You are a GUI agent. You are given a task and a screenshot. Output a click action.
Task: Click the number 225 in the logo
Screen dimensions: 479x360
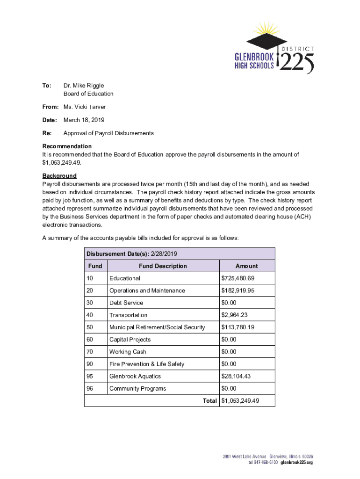tap(296, 62)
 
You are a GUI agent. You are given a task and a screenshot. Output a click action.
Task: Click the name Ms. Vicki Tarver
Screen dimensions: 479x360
tap(85, 107)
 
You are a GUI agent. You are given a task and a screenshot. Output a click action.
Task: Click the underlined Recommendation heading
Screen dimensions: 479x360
tap(67, 146)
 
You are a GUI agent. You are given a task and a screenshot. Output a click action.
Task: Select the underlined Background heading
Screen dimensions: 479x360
tap(59, 176)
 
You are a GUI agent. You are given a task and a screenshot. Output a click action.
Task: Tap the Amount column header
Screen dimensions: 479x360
tap(246, 266)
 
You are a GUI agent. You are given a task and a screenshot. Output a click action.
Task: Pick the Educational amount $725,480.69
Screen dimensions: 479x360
tap(241, 278)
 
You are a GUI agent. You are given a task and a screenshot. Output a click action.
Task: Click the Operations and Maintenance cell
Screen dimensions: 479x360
tap(147, 290)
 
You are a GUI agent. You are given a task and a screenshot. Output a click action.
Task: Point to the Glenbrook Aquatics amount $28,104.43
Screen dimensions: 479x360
tap(239, 377)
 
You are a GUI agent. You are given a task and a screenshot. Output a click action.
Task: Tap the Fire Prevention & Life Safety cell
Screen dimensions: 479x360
tap(146, 364)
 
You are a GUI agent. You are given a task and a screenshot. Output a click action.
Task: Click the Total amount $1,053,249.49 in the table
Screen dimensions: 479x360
tap(240, 401)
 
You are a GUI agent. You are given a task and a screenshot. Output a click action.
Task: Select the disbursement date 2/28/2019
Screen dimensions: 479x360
tap(164, 254)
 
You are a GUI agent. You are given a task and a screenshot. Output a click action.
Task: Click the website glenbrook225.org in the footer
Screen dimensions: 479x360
tap(296, 463)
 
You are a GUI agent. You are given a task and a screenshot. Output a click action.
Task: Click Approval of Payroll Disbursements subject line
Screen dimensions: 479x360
tap(108, 133)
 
